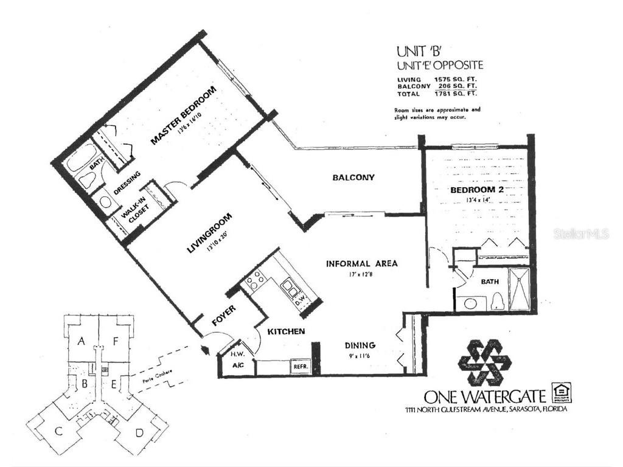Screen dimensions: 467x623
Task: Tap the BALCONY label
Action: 353,178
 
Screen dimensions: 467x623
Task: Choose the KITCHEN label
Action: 286,331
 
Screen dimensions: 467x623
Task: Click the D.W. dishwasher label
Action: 300,299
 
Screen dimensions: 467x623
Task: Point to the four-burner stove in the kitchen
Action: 254,280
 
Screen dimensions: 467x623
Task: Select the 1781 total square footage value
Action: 446,94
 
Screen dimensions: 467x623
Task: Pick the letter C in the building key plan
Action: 59,431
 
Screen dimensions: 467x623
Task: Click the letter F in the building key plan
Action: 116,342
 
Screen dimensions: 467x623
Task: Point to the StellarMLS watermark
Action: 580,234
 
